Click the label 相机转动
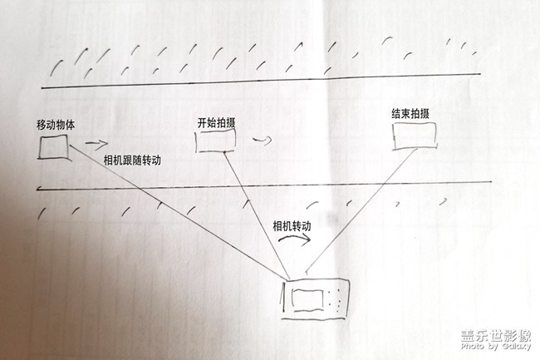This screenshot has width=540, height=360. tap(292, 225)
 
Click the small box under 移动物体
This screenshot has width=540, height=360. tap(54, 148)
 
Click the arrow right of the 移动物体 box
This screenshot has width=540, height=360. tap(96, 143)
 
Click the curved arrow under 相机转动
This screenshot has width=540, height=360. tap(295, 239)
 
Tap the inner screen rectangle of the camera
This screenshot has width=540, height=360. tap(307, 298)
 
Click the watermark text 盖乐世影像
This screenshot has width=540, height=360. tap(495, 337)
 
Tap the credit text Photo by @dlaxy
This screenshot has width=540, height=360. tap(495, 350)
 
